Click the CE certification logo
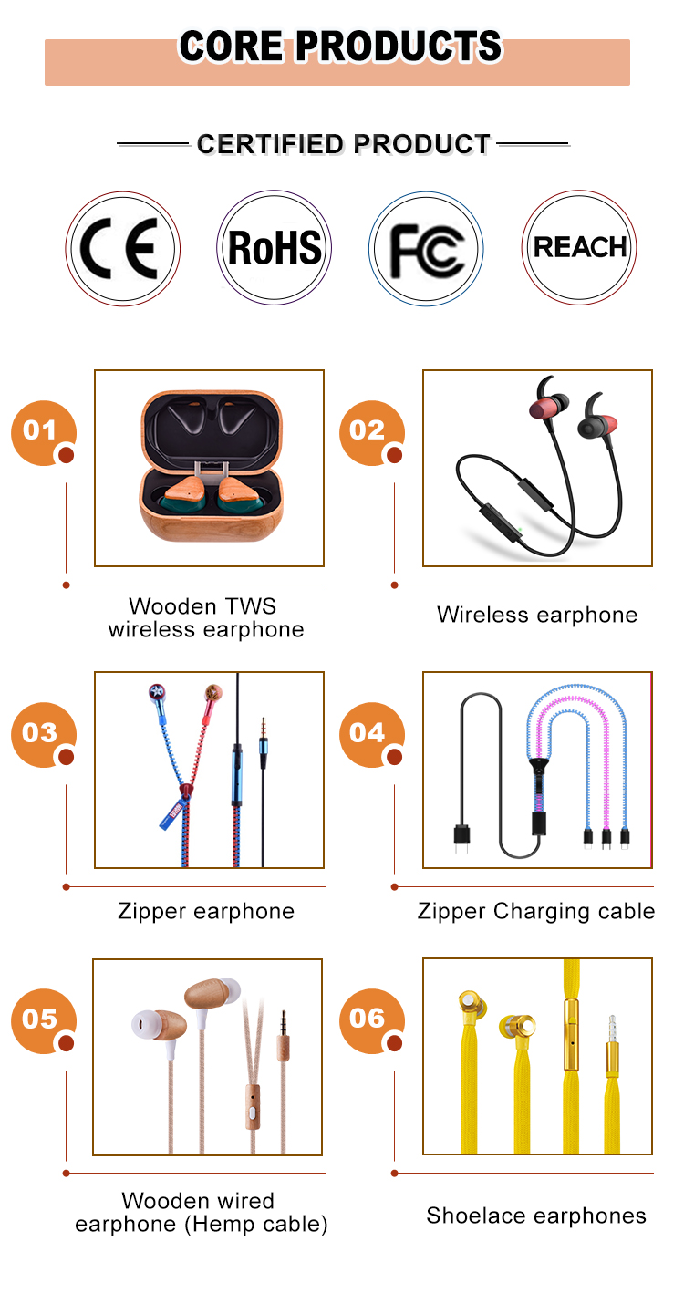[122, 248]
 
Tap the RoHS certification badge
[275, 248]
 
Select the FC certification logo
[426, 248]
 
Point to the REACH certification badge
[579, 248]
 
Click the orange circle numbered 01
[41, 431]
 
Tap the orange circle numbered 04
[369, 733]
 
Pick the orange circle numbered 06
[369, 1019]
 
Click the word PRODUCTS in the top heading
[398, 47]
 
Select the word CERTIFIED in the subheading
[269, 144]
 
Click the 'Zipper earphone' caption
[206, 911]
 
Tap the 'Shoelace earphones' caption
[536, 1216]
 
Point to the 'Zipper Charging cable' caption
[536, 911]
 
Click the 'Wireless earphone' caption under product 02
[536, 615]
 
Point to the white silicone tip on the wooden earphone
[146, 1020]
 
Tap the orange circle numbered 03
[41, 733]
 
